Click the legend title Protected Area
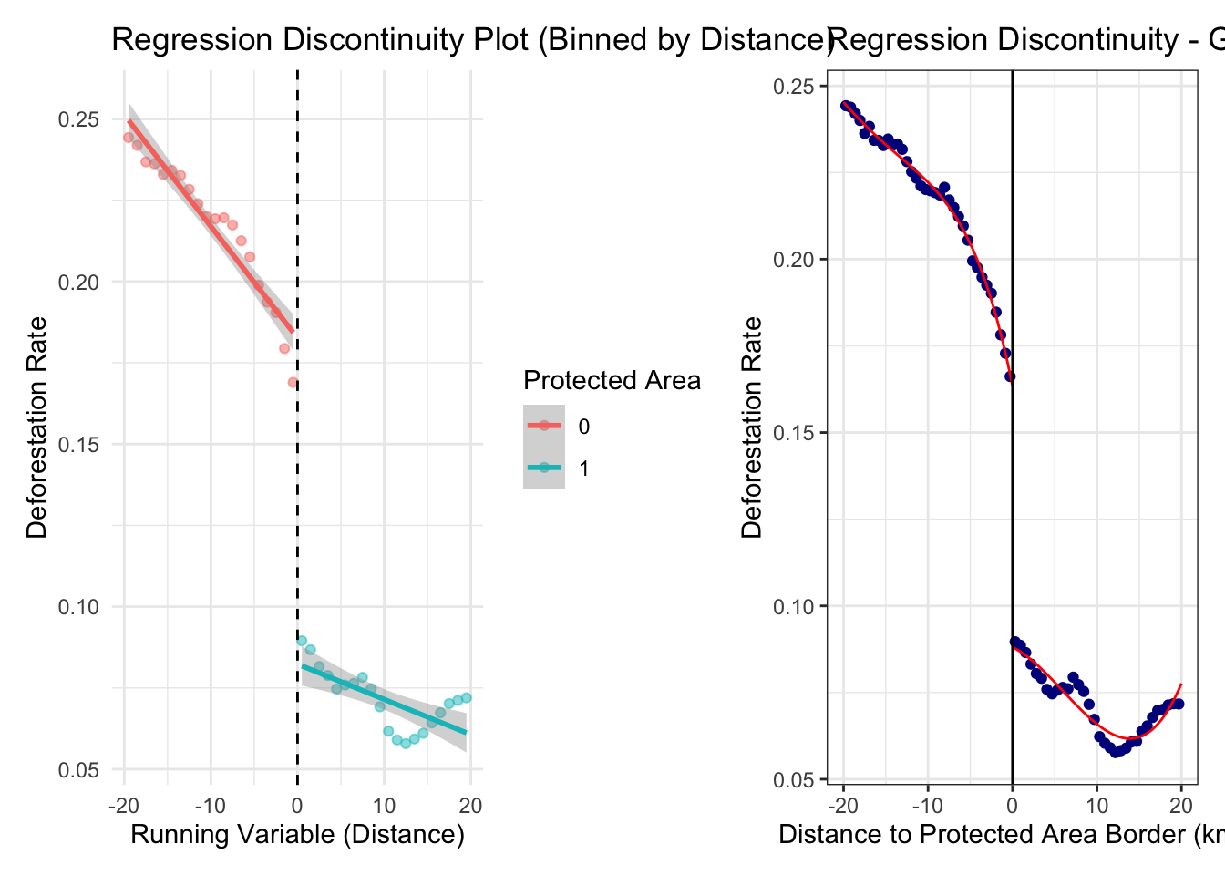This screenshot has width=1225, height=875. coord(612,381)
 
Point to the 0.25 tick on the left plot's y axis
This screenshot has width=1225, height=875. coord(79,119)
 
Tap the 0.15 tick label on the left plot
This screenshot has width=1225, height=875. coord(79,445)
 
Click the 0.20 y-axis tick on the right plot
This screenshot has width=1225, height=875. coord(794,259)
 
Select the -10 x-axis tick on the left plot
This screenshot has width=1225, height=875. coord(210,805)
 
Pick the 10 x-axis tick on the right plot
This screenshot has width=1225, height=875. coord(1096,805)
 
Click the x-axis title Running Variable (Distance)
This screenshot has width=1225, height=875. coord(297,834)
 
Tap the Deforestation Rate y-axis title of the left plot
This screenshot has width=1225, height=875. coord(36,427)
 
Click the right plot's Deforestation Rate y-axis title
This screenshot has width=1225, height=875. coord(752,427)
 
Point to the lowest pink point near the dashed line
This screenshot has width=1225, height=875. coord(293,383)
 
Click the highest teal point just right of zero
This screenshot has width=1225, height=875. coord(302,641)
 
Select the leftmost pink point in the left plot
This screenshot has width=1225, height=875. coord(129,138)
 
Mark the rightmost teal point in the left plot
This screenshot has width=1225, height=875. coord(467,698)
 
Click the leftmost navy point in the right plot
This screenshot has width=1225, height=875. coord(845,106)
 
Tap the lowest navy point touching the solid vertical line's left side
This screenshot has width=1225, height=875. coord(1010,376)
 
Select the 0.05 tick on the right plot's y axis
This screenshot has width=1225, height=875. coord(794,779)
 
